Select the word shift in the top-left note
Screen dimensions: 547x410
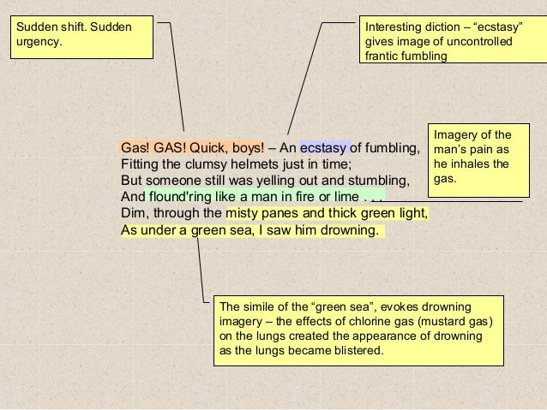pos(71,27)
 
